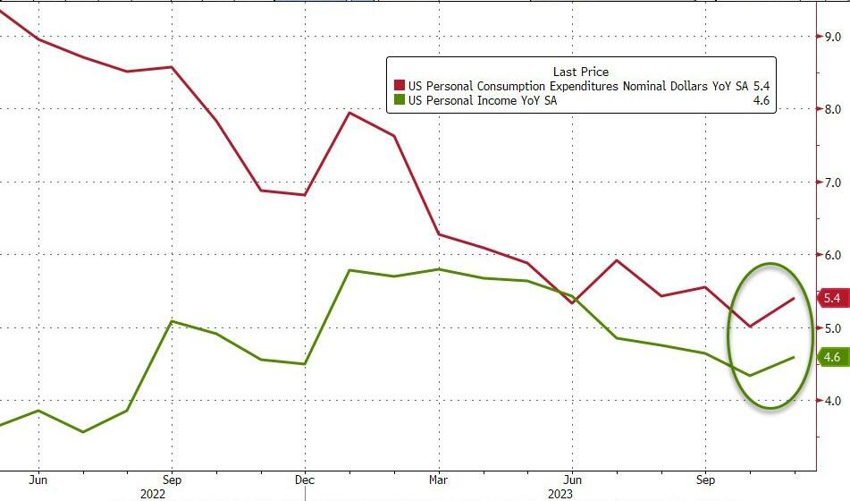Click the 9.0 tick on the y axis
click(x=833, y=37)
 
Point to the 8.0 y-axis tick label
click(x=833, y=109)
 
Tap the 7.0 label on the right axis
click(x=833, y=183)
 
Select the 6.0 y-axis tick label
click(x=833, y=255)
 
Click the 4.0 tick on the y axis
click(x=833, y=401)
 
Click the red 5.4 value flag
click(x=831, y=298)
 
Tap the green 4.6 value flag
click(x=831, y=358)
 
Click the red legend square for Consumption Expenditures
click(x=399, y=86)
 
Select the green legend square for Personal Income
click(x=399, y=101)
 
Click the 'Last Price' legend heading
click(x=580, y=72)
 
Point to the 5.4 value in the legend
click(x=760, y=86)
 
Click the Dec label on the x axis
click(x=305, y=478)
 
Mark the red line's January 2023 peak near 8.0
click(x=349, y=113)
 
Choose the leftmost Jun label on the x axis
click(x=38, y=478)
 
